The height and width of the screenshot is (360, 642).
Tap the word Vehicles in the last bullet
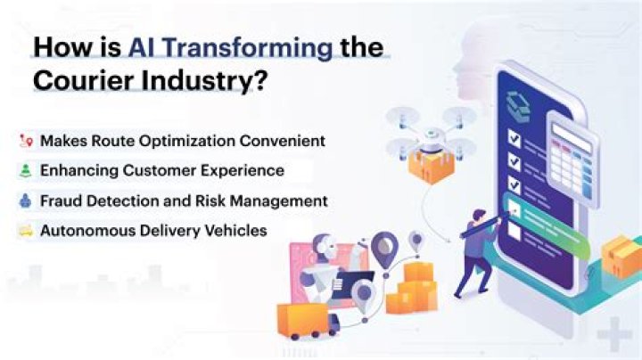point(235,231)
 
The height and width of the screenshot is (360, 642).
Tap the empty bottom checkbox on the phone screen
point(514,230)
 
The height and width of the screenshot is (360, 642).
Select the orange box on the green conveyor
point(619,254)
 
